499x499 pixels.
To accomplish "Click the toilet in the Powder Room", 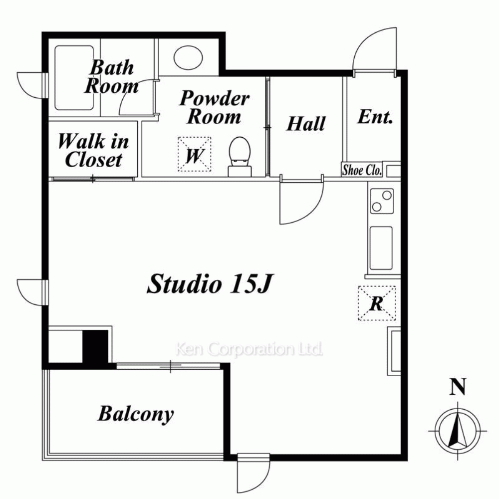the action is click(x=240, y=157).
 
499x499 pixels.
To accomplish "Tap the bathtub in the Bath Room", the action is click(x=74, y=78).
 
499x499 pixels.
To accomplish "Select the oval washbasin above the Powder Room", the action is click(x=188, y=57).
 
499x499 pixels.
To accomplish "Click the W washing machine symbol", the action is click(x=195, y=154).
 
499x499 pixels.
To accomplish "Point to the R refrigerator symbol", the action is click(x=377, y=303).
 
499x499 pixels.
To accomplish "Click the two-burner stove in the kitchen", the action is click(x=382, y=201).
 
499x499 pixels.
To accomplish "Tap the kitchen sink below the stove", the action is click(x=381, y=248).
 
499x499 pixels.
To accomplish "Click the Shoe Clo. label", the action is click(x=362, y=170).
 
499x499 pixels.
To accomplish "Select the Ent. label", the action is click(x=375, y=117).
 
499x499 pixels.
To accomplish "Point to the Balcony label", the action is click(x=136, y=414).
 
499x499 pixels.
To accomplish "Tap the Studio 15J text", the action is click(x=210, y=283).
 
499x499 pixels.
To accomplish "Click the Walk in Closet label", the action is click(x=93, y=150).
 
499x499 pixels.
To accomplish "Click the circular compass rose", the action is click(x=458, y=431).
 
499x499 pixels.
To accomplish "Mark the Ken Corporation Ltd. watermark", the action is click(x=249, y=349).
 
